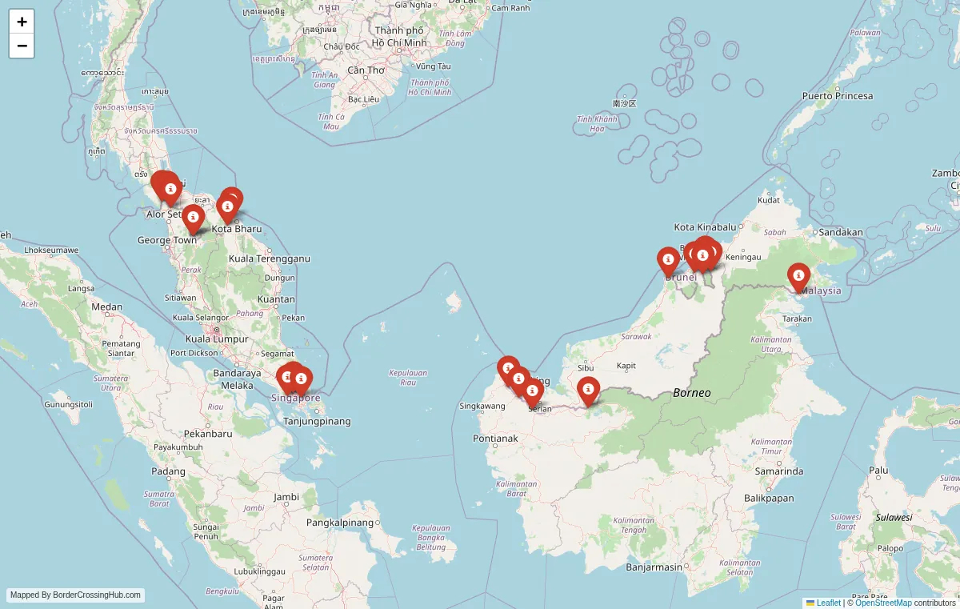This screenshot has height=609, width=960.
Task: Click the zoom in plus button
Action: point(22,22)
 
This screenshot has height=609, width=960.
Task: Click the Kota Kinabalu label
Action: point(704,227)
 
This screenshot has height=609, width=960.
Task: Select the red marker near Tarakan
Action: point(798,276)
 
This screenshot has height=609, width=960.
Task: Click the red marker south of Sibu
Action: point(588,390)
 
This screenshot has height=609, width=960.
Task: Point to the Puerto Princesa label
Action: point(838,96)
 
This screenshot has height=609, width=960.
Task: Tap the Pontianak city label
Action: point(495,439)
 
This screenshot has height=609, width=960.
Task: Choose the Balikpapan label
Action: point(769,498)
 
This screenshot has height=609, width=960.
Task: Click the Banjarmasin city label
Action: point(654,567)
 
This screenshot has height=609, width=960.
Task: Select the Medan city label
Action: point(106,307)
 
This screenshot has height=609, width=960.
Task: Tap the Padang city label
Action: point(168,471)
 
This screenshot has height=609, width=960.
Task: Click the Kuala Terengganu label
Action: point(269,258)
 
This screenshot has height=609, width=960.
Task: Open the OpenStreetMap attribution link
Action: point(883,603)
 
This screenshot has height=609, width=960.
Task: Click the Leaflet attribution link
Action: point(828,603)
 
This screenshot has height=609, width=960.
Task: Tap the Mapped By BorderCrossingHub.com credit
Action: point(76,595)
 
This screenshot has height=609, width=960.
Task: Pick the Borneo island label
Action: point(691,393)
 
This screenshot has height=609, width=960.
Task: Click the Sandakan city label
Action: point(840,233)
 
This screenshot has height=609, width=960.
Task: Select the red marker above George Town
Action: point(193,217)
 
